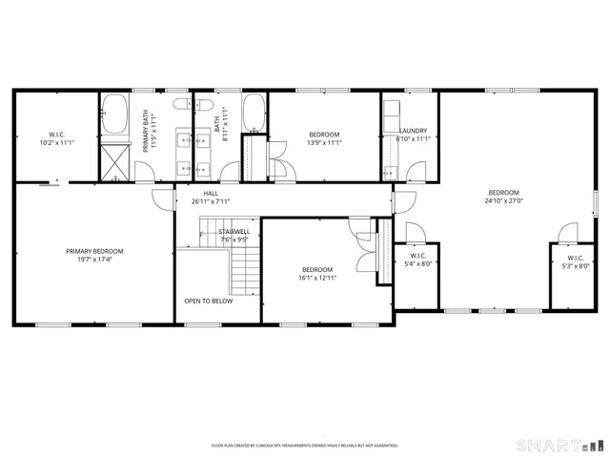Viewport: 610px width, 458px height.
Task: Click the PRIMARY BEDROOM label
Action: coord(94,251)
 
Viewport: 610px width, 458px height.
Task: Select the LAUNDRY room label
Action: coord(413,131)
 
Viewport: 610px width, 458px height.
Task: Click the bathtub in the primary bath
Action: coord(115,114)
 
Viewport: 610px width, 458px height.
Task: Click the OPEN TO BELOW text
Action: coord(208,301)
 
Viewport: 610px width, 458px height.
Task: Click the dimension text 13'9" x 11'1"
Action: coord(324,143)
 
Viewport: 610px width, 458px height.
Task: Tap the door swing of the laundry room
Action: coord(417,172)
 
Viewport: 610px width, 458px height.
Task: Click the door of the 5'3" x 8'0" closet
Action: coord(568,233)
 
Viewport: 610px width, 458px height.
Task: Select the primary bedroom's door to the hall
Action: coord(160,198)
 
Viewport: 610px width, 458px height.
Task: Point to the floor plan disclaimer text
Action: coord(304,446)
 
